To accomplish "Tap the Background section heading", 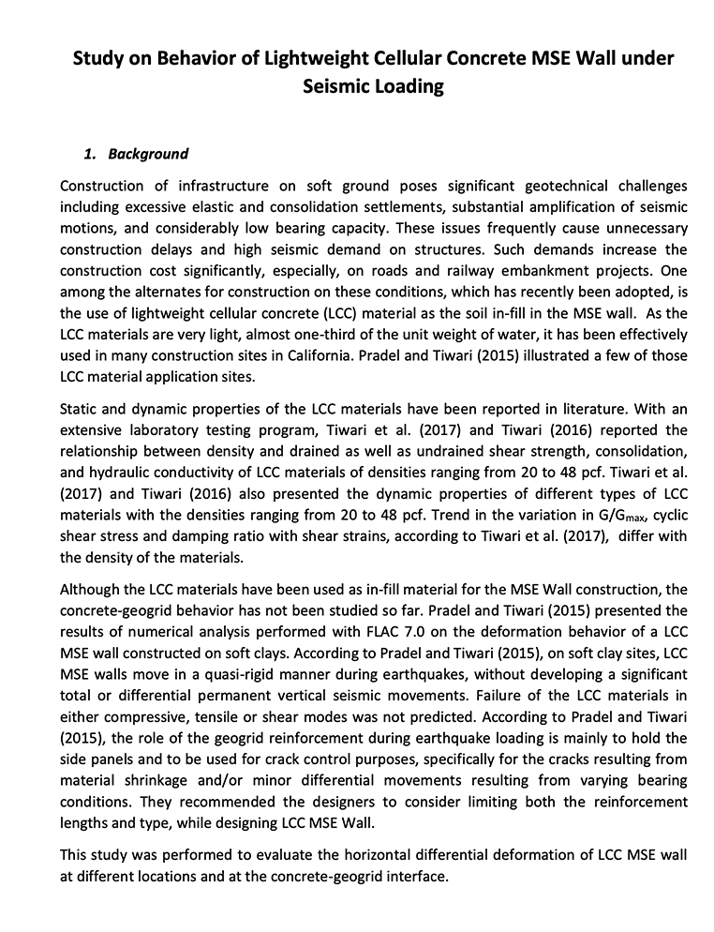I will (148, 154).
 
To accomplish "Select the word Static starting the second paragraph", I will (78, 410).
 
